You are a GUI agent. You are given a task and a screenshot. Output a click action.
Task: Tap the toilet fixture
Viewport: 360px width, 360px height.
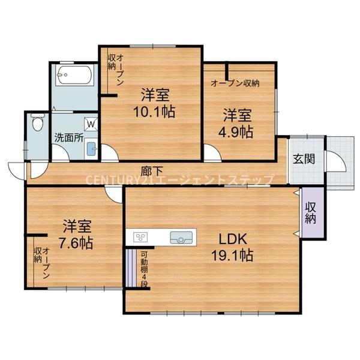click(x=37, y=124)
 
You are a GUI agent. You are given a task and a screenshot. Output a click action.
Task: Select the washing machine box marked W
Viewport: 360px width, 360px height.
click(x=91, y=124)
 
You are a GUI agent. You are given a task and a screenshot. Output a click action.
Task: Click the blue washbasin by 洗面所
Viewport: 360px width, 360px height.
click(x=91, y=149)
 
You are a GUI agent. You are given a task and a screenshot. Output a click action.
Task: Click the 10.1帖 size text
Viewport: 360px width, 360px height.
click(x=155, y=112)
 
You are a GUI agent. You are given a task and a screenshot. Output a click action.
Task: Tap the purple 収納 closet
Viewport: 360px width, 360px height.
click(x=310, y=213)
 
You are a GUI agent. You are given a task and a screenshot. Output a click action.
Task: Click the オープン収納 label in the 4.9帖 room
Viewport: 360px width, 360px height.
click(x=235, y=83)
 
